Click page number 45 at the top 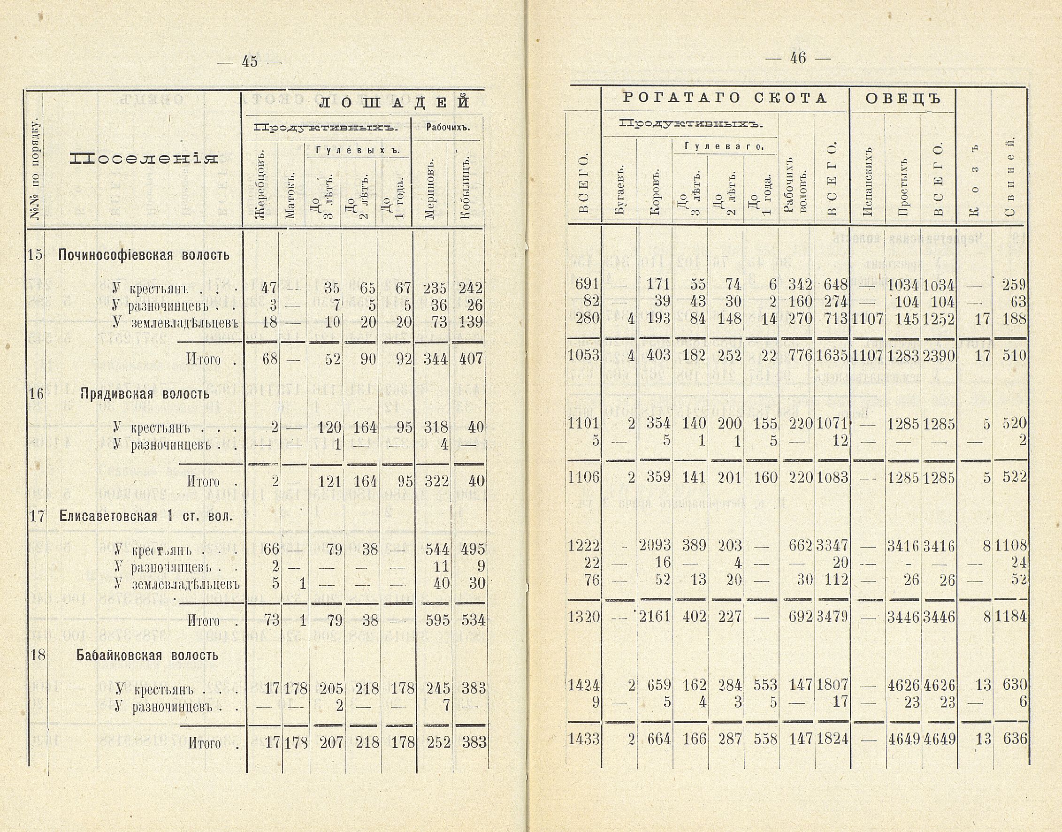[249, 62]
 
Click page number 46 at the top [798, 58]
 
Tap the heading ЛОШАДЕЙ [396, 102]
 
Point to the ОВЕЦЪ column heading [903, 99]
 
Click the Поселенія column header [143, 158]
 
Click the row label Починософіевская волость [144, 255]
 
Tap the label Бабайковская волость [147, 655]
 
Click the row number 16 [36, 394]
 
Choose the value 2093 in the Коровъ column [655, 545]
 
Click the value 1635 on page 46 [832, 355]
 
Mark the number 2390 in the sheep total [938, 355]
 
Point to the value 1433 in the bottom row [584, 739]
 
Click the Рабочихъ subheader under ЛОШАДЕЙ [448, 128]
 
